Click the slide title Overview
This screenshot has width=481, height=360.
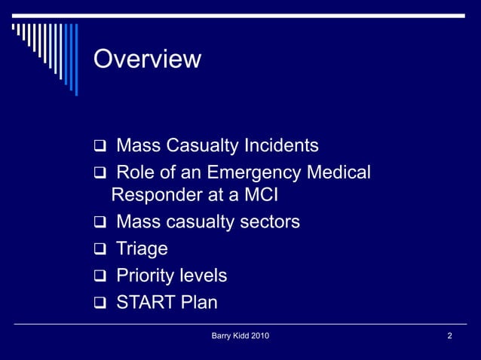(147, 59)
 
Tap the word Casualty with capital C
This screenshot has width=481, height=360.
(201, 145)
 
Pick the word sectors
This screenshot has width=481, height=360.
(269, 222)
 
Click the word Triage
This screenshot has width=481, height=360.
(142, 249)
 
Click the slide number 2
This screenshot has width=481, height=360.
(450, 336)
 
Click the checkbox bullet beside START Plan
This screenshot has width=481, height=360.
(99, 304)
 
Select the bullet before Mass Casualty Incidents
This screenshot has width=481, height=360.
(99, 146)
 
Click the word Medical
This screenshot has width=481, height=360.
(338, 172)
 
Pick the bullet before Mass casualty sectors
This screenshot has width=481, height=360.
(99, 223)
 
